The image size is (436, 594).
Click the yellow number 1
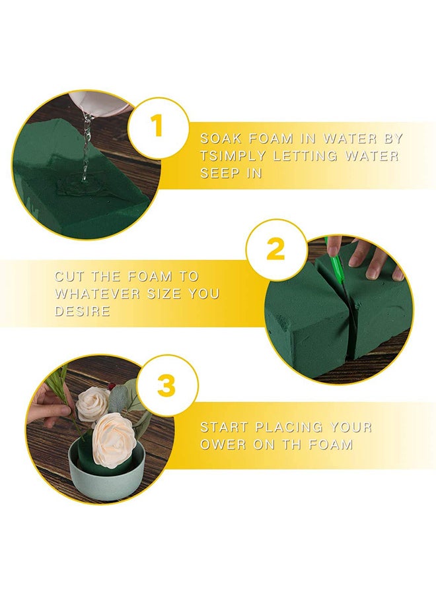pos(157,126)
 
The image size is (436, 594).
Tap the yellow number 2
pos(275,249)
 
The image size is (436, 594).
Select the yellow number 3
pos(167,385)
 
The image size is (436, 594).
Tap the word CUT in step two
pos(69,276)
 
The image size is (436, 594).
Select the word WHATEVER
pos(97,294)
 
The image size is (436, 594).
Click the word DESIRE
pos(83,311)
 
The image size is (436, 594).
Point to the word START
pos(224,427)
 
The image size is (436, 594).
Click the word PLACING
pos(289,427)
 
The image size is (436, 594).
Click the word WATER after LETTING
pos(372,156)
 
